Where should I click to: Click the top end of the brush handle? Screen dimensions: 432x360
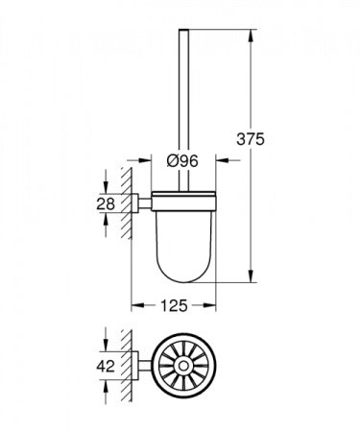pyautogui.click(x=184, y=35)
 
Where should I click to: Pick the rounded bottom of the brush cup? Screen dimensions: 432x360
pyautogui.click(x=183, y=276)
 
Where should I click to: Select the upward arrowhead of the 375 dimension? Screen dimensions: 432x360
pyautogui.click(x=252, y=37)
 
